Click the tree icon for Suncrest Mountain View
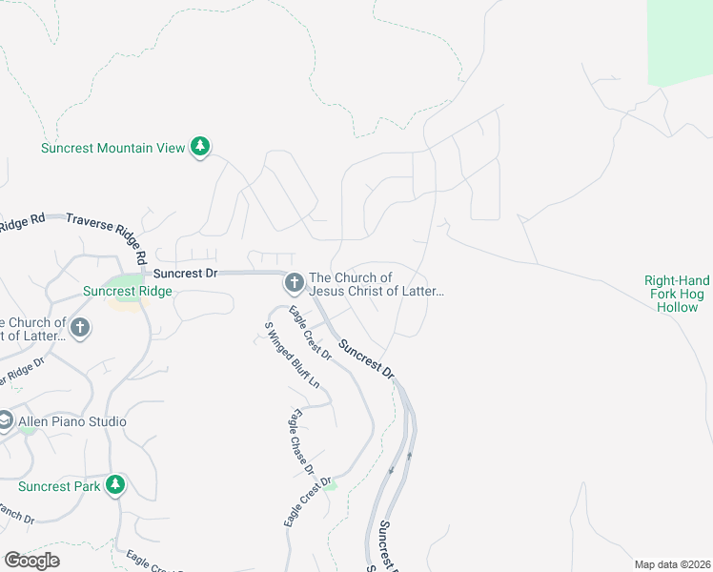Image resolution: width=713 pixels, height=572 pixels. click(x=199, y=147)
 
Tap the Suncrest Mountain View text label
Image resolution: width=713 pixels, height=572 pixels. click(x=112, y=148)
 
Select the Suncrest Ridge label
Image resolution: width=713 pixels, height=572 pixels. click(x=127, y=291)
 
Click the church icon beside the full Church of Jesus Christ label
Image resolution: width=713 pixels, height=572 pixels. click(x=294, y=283)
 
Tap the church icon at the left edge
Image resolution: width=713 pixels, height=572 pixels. click(x=80, y=328)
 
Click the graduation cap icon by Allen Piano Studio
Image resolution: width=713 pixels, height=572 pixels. click(x=5, y=421)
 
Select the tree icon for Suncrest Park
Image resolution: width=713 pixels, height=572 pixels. click(x=115, y=485)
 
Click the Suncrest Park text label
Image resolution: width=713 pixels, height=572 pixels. click(x=59, y=486)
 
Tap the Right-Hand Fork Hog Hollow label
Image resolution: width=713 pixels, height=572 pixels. click(x=677, y=294)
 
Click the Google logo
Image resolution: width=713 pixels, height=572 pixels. click(x=31, y=561)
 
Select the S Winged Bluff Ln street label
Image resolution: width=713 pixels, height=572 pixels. click(x=292, y=355)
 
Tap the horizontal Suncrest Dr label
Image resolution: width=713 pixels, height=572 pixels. click(x=186, y=273)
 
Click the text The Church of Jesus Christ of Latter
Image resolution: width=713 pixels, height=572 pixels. click(x=377, y=284)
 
